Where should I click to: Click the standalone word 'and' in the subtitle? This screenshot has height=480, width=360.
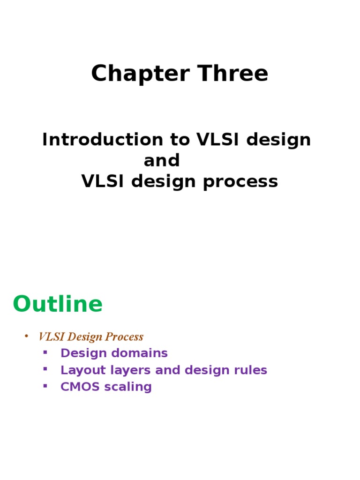click(x=162, y=161)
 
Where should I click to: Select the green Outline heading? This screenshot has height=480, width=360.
click(x=57, y=304)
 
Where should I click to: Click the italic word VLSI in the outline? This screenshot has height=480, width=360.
click(x=48, y=337)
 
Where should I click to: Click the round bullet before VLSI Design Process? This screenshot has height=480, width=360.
click(x=26, y=336)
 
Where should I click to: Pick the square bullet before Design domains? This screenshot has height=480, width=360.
click(x=45, y=352)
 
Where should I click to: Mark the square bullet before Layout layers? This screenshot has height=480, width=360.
click(x=45, y=369)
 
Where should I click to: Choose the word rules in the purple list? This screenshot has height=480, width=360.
click(x=252, y=370)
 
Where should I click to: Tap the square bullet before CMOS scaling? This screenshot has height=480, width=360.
click(x=45, y=386)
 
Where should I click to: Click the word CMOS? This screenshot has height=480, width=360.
click(x=77, y=387)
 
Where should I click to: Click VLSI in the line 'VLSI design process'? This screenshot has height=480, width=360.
click(x=104, y=182)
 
